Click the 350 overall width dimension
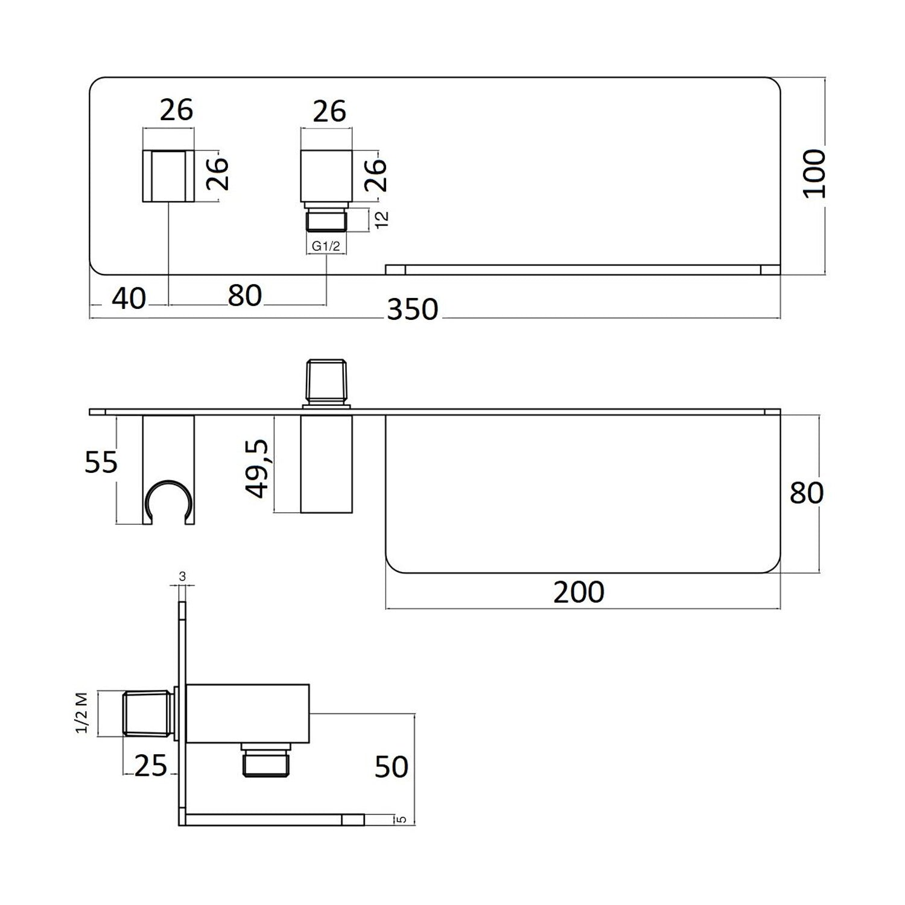[x=413, y=310]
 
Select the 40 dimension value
[x=129, y=299]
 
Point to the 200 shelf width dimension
[x=579, y=592]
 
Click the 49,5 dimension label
[x=259, y=468]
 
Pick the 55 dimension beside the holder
[x=101, y=463]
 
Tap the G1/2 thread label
[x=326, y=246]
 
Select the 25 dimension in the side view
[x=150, y=766]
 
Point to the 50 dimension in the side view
[x=392, y=767]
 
